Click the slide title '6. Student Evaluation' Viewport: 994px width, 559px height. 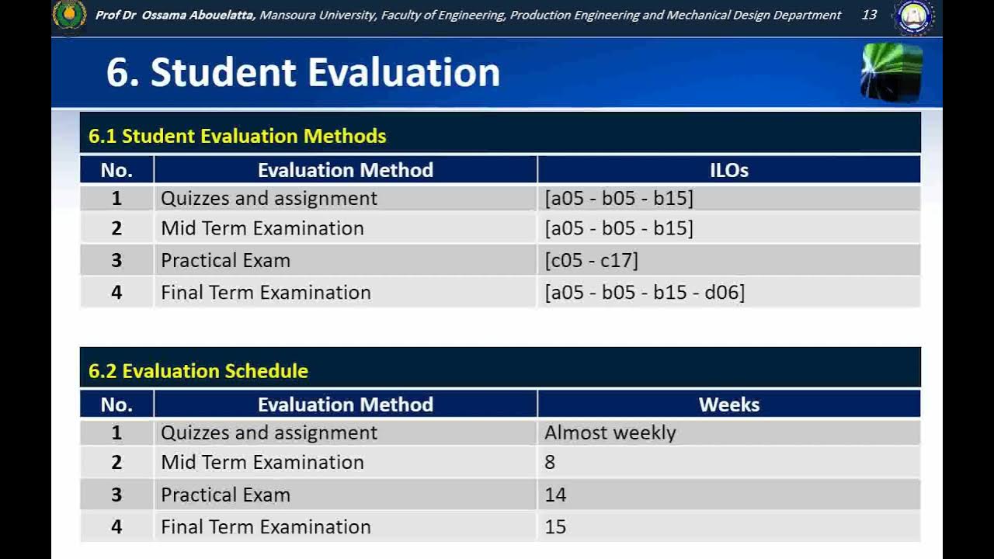pos(303,72)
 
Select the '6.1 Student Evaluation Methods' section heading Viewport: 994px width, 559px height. pos(237,136)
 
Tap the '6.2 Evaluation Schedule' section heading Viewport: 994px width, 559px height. pos(198,371)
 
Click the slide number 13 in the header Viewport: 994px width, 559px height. pos(869,15)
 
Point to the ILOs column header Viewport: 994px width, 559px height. pos(728,170)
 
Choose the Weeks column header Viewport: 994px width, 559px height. pos(728,404)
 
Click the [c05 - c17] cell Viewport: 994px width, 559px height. pos(591,260)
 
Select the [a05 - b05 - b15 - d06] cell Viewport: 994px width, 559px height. pos(644,293)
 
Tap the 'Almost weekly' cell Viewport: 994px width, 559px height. pos(610,432)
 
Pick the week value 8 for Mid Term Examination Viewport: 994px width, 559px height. pos(550,463)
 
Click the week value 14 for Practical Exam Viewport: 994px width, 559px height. pos(555,495)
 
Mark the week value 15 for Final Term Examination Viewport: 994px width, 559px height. pos(555,527)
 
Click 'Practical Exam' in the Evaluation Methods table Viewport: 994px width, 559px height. pos(225,260)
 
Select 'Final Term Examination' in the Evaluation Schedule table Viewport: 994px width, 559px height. pos(266,527)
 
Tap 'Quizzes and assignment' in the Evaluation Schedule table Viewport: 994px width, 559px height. pos(269,432)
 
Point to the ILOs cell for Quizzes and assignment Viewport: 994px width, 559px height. pos(619,198)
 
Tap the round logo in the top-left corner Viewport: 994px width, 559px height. pos(69,16)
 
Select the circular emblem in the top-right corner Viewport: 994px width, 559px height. pos(913,17)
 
